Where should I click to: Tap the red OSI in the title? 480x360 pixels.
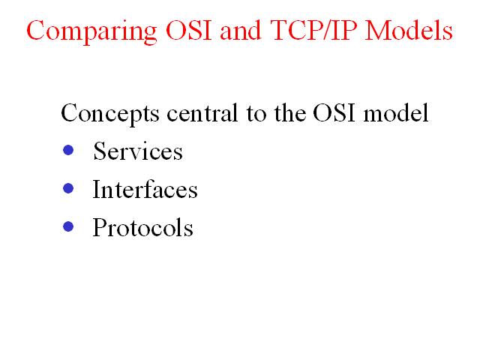click(188, 30)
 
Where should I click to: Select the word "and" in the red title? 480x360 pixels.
click(240, 30)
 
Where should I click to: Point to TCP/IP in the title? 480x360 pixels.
click(313, 30)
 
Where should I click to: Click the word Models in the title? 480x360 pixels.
click(409, 30)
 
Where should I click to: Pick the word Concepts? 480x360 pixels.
click(110, 114)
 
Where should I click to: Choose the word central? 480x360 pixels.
click(202, 112)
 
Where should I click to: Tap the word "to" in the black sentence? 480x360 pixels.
click(256, 113)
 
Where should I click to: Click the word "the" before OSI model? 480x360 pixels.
click(290, 112)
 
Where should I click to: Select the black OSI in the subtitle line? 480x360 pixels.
click(334, 112)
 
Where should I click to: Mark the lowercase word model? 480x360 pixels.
click(396, 112)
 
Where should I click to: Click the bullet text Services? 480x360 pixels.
click(138, 151)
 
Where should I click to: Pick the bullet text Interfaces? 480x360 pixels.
click(145, 189)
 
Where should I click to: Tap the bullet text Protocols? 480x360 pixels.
click(143, 227)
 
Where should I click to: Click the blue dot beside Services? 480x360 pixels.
click(68, 150)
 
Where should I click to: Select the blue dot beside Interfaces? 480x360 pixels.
click(68, 188)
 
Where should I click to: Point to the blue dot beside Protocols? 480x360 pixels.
click(68, 226)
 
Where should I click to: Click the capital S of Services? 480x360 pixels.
click(100, 151)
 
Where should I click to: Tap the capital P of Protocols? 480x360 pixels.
click(100, 227)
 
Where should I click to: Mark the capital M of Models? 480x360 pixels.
click(378, 31)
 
